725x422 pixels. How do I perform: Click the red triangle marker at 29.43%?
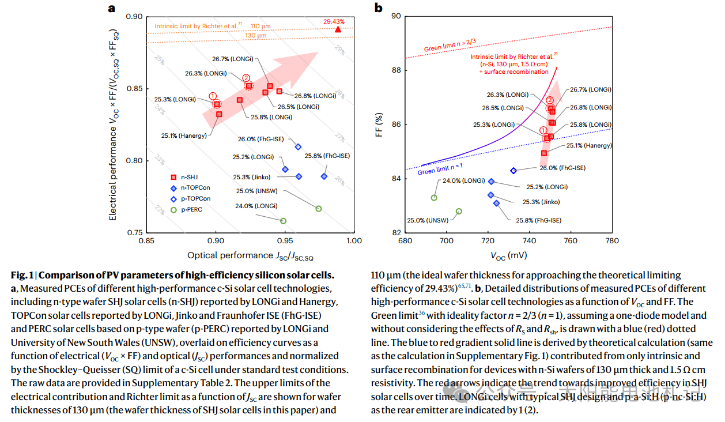click(338, 29)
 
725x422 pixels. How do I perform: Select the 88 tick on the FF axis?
click(396, 70)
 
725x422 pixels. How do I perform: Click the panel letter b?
click(379, 7)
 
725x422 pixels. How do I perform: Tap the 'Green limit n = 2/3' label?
click(450, 45)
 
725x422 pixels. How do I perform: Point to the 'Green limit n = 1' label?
click(441, 169)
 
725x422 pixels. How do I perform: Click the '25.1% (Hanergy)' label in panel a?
click(184, 135)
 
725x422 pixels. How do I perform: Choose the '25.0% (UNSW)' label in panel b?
click(428, 220)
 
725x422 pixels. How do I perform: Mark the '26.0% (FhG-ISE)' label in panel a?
click(260, 139)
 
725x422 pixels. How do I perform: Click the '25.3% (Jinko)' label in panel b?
click(541, 202)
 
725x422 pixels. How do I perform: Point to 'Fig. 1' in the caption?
click(24, 275)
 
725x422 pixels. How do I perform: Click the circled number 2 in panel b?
click(550, 101)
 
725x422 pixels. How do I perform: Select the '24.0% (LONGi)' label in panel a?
click(256, 206)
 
